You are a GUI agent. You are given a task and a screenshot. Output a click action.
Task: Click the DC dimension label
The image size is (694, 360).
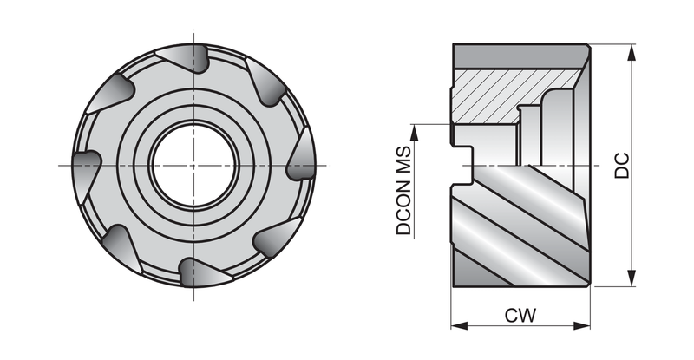(x=622, y=165)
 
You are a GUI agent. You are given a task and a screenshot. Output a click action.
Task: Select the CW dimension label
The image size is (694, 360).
(x=520, y=315)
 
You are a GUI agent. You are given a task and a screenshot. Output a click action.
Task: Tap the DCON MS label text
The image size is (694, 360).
(x=403, y=191)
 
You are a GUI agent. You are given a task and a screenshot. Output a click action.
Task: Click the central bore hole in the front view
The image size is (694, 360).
(x=193, y=165)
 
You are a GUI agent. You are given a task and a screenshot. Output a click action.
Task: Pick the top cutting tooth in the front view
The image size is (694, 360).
(x=184, y=57)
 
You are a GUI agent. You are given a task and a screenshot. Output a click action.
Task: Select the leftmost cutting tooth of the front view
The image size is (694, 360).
(x=87, y=166)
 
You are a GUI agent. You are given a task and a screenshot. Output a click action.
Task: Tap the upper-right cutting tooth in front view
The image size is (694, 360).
(x=265, y=82)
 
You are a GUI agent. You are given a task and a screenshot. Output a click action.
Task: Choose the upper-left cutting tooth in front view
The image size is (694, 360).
(x=112, y=93)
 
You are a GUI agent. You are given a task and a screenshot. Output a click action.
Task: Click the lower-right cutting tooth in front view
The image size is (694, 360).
(x=277, y=238)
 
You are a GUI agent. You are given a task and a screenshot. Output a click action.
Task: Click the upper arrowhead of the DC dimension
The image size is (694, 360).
(x=632, y=52)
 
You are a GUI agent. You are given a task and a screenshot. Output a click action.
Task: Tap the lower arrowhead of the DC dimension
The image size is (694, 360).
(x=632, y=278)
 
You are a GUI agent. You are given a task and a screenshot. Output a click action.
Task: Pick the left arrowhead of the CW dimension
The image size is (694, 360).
(x=460, y=326)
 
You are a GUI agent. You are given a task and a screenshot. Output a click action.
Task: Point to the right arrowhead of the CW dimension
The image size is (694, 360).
(x=582, y=326)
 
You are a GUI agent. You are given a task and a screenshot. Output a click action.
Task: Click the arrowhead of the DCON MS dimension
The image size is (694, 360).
(x=415, y=133)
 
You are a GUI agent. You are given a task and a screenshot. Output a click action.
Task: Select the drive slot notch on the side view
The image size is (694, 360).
(x=462, y=166)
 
